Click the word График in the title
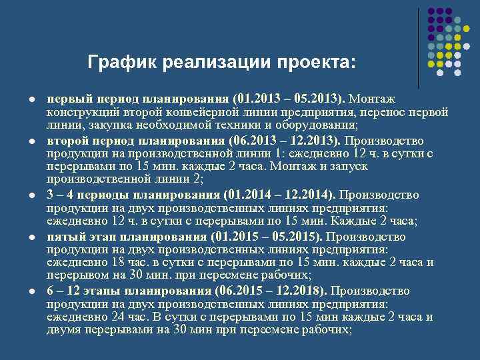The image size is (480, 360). [x=118, y=63]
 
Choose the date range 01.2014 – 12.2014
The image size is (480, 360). [x=279, y=195]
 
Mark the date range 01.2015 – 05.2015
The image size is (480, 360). [x=267, y=237]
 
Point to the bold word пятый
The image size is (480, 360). [x=64, y=237]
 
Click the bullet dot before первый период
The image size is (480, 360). [x=31, y=99]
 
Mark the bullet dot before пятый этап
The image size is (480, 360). [x=31, y=237]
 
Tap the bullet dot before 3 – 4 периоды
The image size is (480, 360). [x=31, y=195]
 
